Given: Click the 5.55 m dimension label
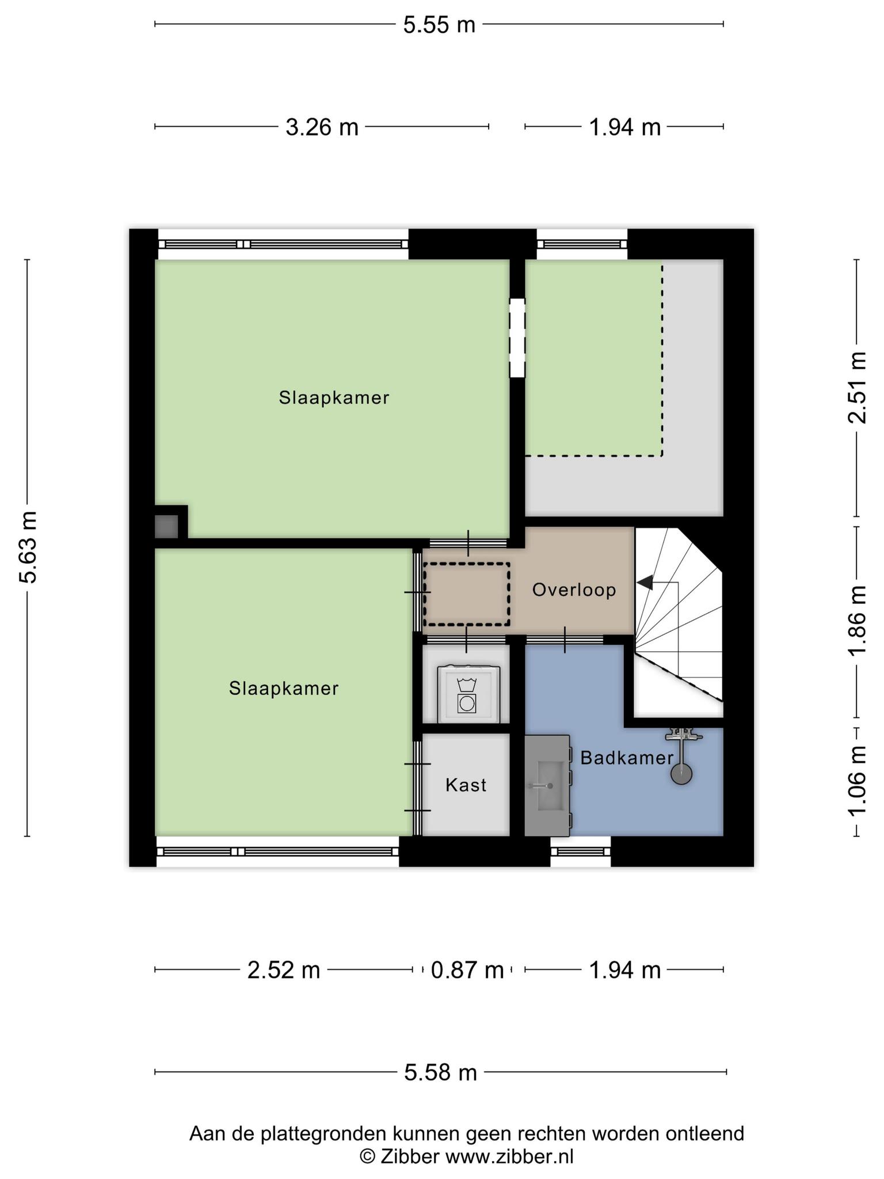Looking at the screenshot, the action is tap(439, 25).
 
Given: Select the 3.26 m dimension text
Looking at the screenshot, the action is tap(322, 127).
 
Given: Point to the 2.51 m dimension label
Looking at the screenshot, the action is tap(857, 387).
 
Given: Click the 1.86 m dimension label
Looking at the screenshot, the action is tap(857, 620).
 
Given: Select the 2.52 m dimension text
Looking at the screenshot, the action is tap(284, 970).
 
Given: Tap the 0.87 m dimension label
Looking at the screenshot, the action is tap(467, 970).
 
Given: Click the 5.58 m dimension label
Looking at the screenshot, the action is tap(441, 1072).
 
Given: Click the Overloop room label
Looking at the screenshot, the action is tap(574, 589).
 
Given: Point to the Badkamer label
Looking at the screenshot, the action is tap(627, 758).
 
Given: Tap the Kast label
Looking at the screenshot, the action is tap(466, 785).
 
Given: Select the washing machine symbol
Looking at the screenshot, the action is tap(468, 694).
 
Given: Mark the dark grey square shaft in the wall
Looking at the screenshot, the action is tap(166, 526).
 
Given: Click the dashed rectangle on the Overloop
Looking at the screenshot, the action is tap(467, 595).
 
